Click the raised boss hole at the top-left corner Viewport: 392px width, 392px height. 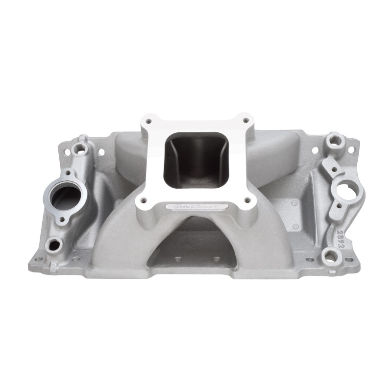77,147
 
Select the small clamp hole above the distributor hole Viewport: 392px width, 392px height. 334,170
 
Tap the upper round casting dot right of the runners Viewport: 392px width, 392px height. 294,202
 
